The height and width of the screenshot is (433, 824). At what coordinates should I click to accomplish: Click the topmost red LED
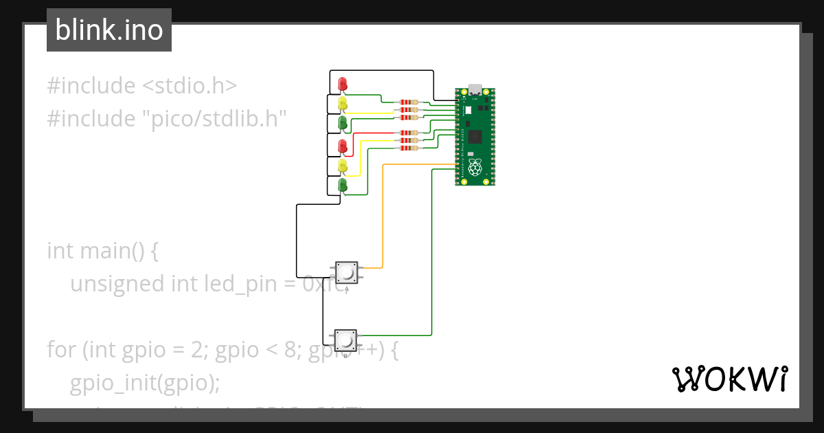coord(343,84)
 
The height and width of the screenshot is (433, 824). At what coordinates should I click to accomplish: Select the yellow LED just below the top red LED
coord(343,104)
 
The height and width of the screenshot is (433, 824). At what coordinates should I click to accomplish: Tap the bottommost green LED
coord(343,185)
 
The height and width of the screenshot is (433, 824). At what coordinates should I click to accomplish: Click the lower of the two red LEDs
coord(343,145)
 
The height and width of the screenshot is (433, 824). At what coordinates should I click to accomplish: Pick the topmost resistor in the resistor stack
coord(409,102)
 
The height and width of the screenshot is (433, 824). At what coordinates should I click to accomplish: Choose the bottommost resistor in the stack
coord(409,148)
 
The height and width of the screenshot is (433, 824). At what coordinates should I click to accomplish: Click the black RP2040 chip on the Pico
coord(476,136)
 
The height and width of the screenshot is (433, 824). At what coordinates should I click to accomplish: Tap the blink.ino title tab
coord(109,30)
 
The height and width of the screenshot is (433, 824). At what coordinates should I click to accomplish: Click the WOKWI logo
coord(729,379)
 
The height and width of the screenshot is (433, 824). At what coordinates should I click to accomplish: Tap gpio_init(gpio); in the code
coord(144,382)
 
